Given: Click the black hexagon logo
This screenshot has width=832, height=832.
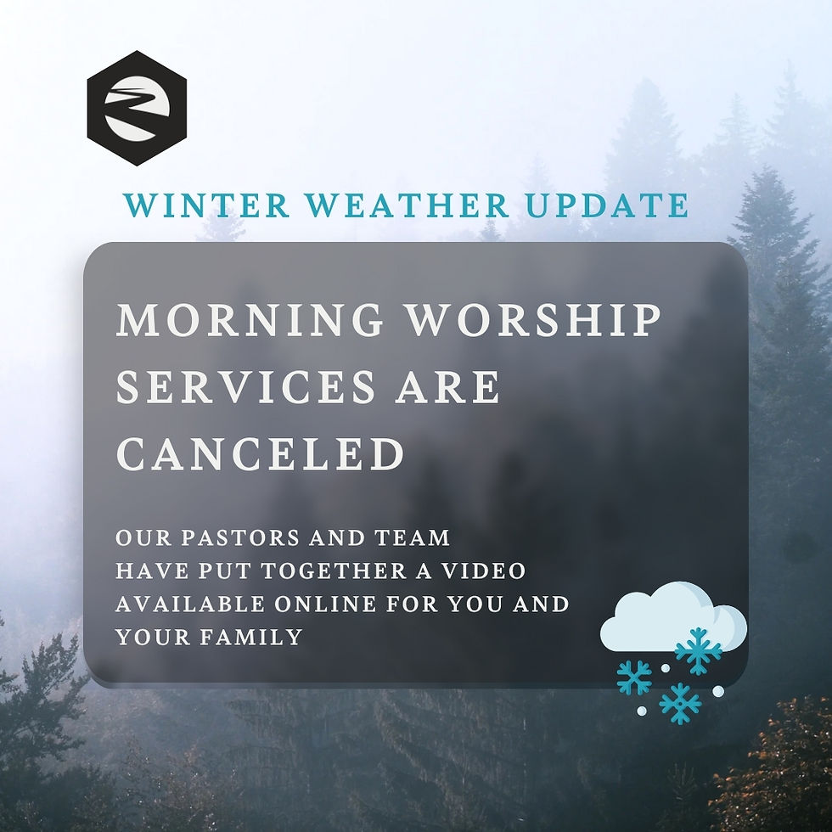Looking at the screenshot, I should point(137,108).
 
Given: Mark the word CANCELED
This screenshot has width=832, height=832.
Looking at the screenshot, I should point(260,454).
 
